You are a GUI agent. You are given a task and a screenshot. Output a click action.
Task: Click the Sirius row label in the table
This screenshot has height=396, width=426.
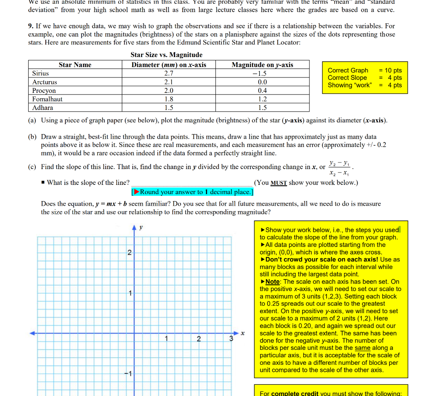[40, 73]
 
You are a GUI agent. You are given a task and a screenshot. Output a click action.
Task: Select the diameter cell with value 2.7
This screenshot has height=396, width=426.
[168, 73]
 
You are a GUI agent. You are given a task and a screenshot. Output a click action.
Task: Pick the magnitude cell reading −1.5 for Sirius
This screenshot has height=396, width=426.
[262, 73]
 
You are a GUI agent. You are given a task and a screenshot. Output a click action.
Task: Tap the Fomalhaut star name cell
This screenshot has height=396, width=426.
[47, 99]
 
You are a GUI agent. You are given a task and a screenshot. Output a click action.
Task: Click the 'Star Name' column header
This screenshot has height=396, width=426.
[75, 65]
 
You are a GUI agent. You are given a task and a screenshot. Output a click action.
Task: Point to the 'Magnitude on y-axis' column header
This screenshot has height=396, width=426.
[262, 65]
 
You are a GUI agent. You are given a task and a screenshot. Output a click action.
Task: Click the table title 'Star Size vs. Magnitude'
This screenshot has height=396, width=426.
[166, 55]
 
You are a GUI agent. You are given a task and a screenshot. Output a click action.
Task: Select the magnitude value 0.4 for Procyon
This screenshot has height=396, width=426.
[262, 90]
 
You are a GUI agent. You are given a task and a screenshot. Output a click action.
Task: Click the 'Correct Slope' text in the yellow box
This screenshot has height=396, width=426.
[347, 78]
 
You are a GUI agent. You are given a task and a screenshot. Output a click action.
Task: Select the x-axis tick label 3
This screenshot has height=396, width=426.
[231, 339]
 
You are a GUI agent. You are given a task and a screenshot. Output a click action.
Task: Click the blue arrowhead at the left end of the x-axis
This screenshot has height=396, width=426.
[32, 333]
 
